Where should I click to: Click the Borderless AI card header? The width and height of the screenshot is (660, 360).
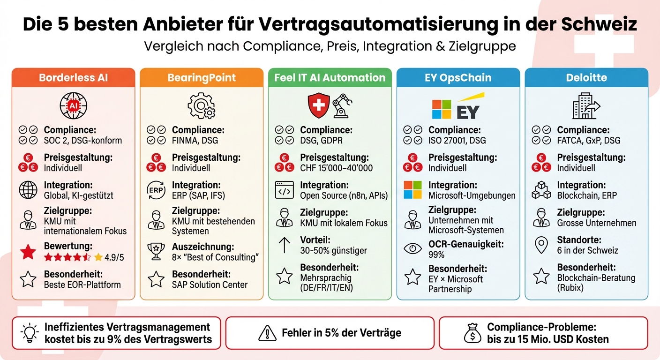click(x=73, y=78)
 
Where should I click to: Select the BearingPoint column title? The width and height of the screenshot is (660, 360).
click(x=202, y=78)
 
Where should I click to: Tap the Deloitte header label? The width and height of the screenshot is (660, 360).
click(x=586, y=78)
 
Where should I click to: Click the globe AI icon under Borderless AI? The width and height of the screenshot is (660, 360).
click(x=73, y=106)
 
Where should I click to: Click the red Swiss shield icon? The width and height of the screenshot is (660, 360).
click(x=318, y=105)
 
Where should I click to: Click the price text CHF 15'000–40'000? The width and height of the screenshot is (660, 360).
click(x=336, y=168)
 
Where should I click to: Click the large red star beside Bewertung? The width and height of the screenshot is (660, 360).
click(x=28, y=252)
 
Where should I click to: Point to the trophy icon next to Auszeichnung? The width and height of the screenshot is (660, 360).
click(x=156, y=251)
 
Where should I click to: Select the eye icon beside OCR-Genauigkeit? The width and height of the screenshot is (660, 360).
click(x=412, y=249)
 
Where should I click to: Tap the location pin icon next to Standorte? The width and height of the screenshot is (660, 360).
click(x=541, y=245)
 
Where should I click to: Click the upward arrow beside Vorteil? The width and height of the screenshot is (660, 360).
click(x=285, y=245)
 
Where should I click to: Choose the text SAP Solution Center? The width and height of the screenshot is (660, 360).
click(x=210, y=285)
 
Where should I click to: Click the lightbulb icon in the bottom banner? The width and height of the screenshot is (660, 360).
click(x=30, y=333)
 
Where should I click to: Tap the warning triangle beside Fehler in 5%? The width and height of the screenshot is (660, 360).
click(x=267, y=333)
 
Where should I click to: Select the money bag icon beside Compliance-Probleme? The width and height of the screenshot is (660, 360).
click(x=472, y=333)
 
